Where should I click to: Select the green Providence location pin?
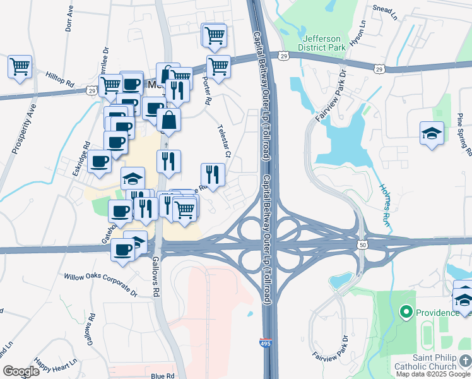tap(406, 312)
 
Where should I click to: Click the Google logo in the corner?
tap(21, 371)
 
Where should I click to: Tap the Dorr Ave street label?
tap(69, 19)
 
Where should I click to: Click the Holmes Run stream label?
tap(385, 205)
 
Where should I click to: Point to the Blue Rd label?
tap(162, 376)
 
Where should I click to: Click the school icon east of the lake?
tap(432, 133)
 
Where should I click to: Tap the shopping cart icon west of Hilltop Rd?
tap(20, 66)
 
